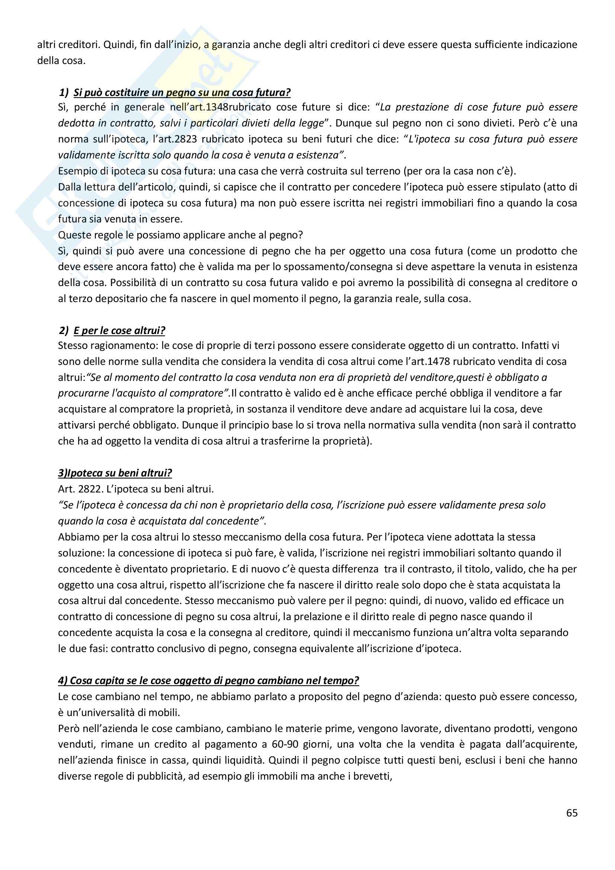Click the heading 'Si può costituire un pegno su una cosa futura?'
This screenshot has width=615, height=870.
tap(182, 93)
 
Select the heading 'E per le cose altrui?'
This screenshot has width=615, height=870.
tap(119, 330)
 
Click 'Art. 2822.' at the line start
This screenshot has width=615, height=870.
tap(80, 489)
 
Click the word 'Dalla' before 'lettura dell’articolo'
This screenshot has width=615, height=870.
tap(69, 187)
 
